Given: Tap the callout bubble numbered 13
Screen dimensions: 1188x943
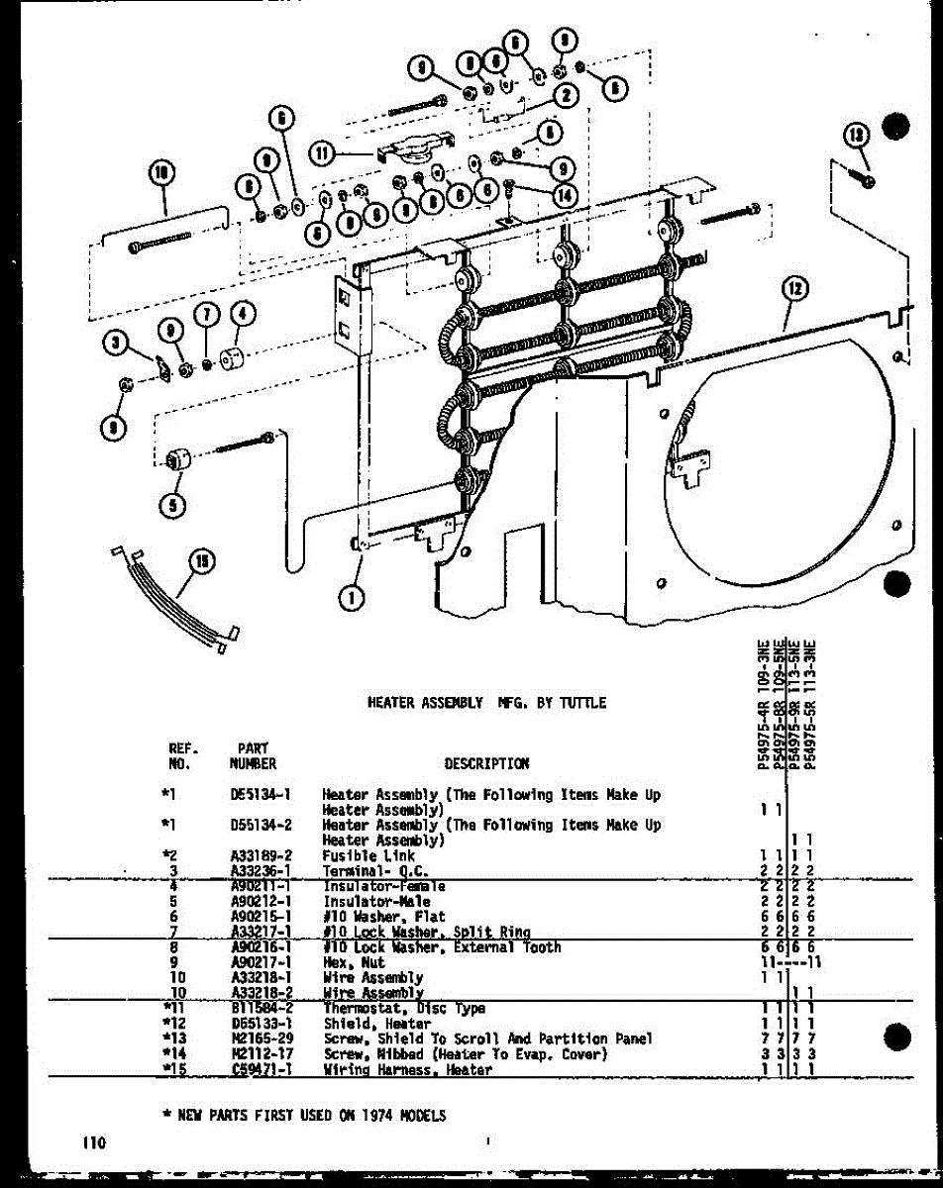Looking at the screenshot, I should [856, 137].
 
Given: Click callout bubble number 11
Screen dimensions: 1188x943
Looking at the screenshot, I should [322, 153].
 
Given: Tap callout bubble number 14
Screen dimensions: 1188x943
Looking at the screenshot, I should [565, 195].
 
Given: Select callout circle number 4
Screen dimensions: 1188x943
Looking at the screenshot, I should [244, 316].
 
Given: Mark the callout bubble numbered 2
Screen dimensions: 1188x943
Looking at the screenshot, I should [567, 96].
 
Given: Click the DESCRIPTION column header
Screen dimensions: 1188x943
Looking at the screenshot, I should [486, 763].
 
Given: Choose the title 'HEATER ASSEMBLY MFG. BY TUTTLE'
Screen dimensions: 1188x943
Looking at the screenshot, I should [486, 703].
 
